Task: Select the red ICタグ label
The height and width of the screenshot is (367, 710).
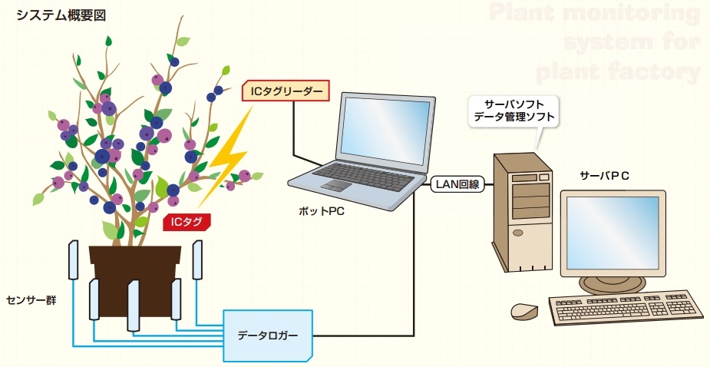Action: click(x=187, y=223)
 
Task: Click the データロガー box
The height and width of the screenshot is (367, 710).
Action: click(x=267, y=336)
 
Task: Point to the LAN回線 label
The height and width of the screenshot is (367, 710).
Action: click(x=457, y=184)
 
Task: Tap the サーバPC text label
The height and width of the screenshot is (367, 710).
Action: click(x=605, y=176)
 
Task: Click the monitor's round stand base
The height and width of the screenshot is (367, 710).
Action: click(x=603, y=285)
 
